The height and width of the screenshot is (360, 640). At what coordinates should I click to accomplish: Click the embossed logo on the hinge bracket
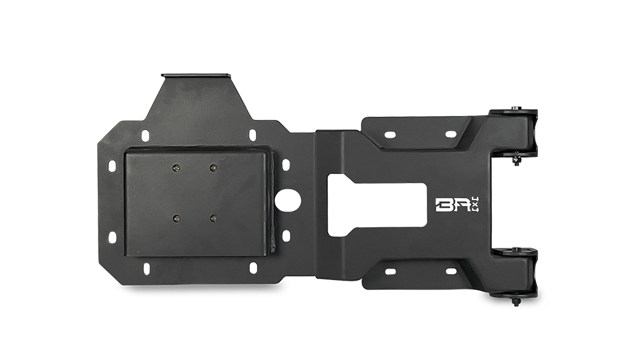(458, 204)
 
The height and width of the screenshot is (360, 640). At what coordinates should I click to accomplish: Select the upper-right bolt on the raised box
(213, 168)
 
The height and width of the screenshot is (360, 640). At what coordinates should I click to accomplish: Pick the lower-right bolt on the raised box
(213, 218)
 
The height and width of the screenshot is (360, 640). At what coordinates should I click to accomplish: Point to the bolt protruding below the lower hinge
(516, 302)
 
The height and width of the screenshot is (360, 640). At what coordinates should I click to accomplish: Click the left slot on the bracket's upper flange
(389, 134)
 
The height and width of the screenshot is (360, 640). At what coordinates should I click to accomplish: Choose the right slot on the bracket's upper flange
(450, 134)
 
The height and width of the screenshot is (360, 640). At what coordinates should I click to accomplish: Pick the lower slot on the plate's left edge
(112, 237)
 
